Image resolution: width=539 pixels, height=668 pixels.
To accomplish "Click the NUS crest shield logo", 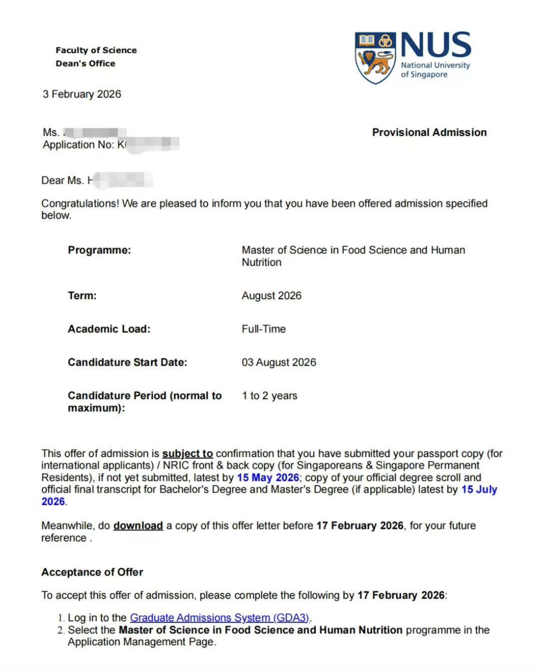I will pos(375,57).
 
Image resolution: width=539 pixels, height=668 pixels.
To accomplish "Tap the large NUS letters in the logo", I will pos(436,45).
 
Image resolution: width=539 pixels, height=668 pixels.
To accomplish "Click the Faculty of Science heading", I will pos(96,50).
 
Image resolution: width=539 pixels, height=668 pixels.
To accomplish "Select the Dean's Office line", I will pos(86,64).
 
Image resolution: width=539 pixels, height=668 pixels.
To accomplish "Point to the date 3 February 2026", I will pos(82,94).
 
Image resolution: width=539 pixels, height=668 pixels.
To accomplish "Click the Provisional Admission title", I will pos(429,132).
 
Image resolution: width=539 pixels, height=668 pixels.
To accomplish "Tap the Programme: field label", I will pos(99,250).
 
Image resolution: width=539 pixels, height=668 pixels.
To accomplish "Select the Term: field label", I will pos(82,296).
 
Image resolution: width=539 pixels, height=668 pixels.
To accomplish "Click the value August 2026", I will pos(271,296).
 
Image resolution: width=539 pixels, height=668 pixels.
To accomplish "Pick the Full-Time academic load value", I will pos(263,329).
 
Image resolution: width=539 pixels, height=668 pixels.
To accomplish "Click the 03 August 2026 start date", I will pos(279,362).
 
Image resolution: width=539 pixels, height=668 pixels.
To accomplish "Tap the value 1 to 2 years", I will pos(269,396).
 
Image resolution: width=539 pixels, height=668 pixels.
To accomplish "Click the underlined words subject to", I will pos(187,454).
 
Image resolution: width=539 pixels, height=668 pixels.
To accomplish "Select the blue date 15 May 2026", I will pos(268,477).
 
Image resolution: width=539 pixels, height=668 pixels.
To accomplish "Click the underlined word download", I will pos(138,526).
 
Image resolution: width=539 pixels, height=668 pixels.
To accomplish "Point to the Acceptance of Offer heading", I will pos(92,572).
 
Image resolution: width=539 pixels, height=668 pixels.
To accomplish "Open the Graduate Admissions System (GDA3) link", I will pos(219,618).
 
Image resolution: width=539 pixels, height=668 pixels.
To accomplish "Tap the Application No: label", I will pos(78,145).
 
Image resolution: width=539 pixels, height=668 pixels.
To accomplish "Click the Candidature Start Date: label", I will pos(127,362).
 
